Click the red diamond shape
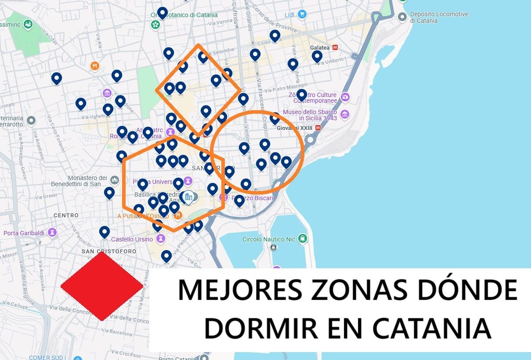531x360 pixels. (x=101, y=286)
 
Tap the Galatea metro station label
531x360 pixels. (x=320, y=47)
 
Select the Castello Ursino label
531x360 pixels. (x=132, y=239)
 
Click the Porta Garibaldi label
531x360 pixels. (x=24, y=233)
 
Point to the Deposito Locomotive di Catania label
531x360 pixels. (x=439, y=17)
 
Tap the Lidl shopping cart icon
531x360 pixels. (x=302, y=14)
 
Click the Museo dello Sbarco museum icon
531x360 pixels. (x=345, y=115)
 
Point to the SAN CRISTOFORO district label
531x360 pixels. (x=109, y=251)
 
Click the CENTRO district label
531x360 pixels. (x=66, y=215)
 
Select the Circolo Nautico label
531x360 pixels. (x=269, y=239)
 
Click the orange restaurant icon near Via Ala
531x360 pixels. (x=95, y=66)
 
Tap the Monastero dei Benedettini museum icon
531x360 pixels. (x=115, y=180)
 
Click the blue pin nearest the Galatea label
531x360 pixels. (x=317, y=57)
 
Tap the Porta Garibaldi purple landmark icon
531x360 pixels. (x=53, y=232)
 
